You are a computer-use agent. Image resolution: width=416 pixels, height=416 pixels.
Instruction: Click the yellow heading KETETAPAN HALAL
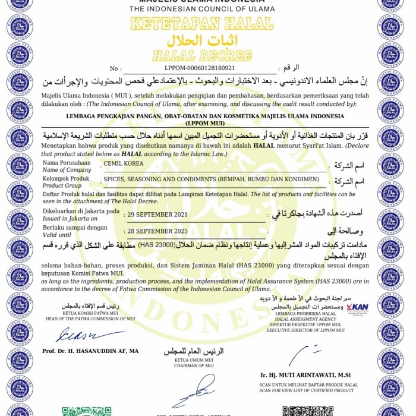pos(201,24)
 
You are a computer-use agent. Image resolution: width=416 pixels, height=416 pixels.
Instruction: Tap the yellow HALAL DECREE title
pos(201,56)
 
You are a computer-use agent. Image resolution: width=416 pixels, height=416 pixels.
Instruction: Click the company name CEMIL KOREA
pos(124,163)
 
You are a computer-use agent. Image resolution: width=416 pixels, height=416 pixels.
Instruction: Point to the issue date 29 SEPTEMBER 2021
pos(157,215)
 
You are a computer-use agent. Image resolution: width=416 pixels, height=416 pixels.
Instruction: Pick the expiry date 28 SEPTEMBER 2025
pos(157,231)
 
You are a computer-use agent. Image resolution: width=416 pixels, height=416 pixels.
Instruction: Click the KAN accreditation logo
pos(357,308)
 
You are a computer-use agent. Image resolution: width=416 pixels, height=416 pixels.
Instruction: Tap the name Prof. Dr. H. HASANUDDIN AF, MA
pos(90,351)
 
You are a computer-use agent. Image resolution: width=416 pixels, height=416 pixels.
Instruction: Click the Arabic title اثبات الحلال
pos(201,42)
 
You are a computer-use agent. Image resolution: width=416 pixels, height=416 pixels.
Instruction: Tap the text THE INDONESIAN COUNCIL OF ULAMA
pos(201,10)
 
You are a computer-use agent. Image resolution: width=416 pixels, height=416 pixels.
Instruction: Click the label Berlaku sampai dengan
pos(75,227)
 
